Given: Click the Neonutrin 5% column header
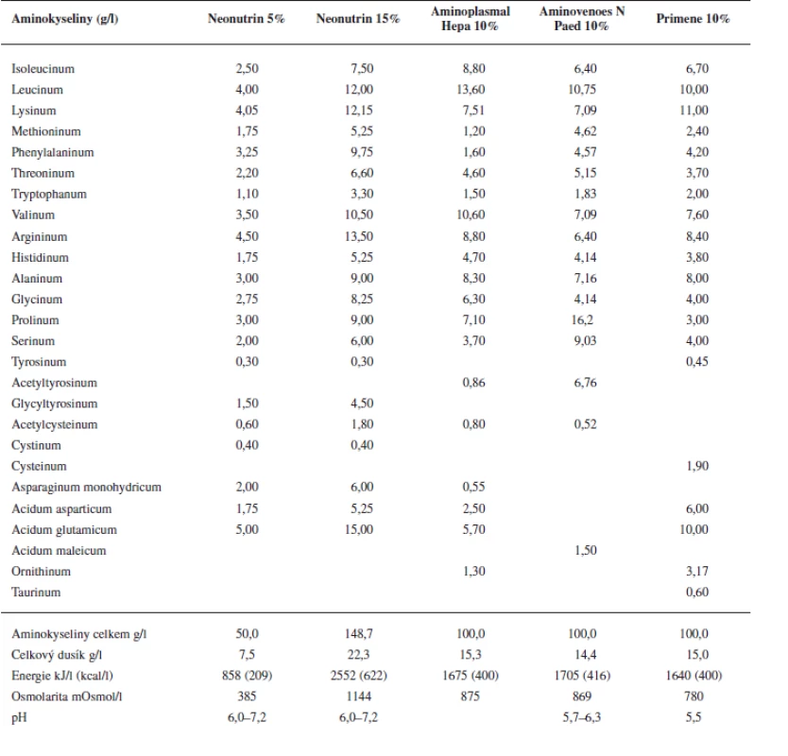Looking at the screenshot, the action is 247,19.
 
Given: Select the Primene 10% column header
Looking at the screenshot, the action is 693,19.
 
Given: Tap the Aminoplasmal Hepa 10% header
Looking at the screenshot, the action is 471,19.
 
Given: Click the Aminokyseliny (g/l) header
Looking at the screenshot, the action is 65,19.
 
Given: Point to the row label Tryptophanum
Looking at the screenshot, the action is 49,194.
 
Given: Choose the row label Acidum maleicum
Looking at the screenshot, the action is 59,550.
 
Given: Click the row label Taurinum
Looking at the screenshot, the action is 36,593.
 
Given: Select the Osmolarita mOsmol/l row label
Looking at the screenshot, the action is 67,696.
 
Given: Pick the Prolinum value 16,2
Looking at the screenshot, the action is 582,319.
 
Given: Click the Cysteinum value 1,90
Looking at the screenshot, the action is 697,466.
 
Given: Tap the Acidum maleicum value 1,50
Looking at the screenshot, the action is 586,550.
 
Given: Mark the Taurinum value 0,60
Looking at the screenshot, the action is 697,592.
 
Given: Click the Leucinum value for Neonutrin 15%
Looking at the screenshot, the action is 359,90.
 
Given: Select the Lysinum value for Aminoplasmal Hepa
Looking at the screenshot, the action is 474,110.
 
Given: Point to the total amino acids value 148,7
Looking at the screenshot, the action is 359,633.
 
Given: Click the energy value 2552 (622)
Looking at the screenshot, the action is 359,675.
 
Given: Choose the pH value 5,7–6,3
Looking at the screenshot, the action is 582,717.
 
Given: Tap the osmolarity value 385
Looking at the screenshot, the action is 247,696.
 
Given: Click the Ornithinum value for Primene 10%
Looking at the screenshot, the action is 697,571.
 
